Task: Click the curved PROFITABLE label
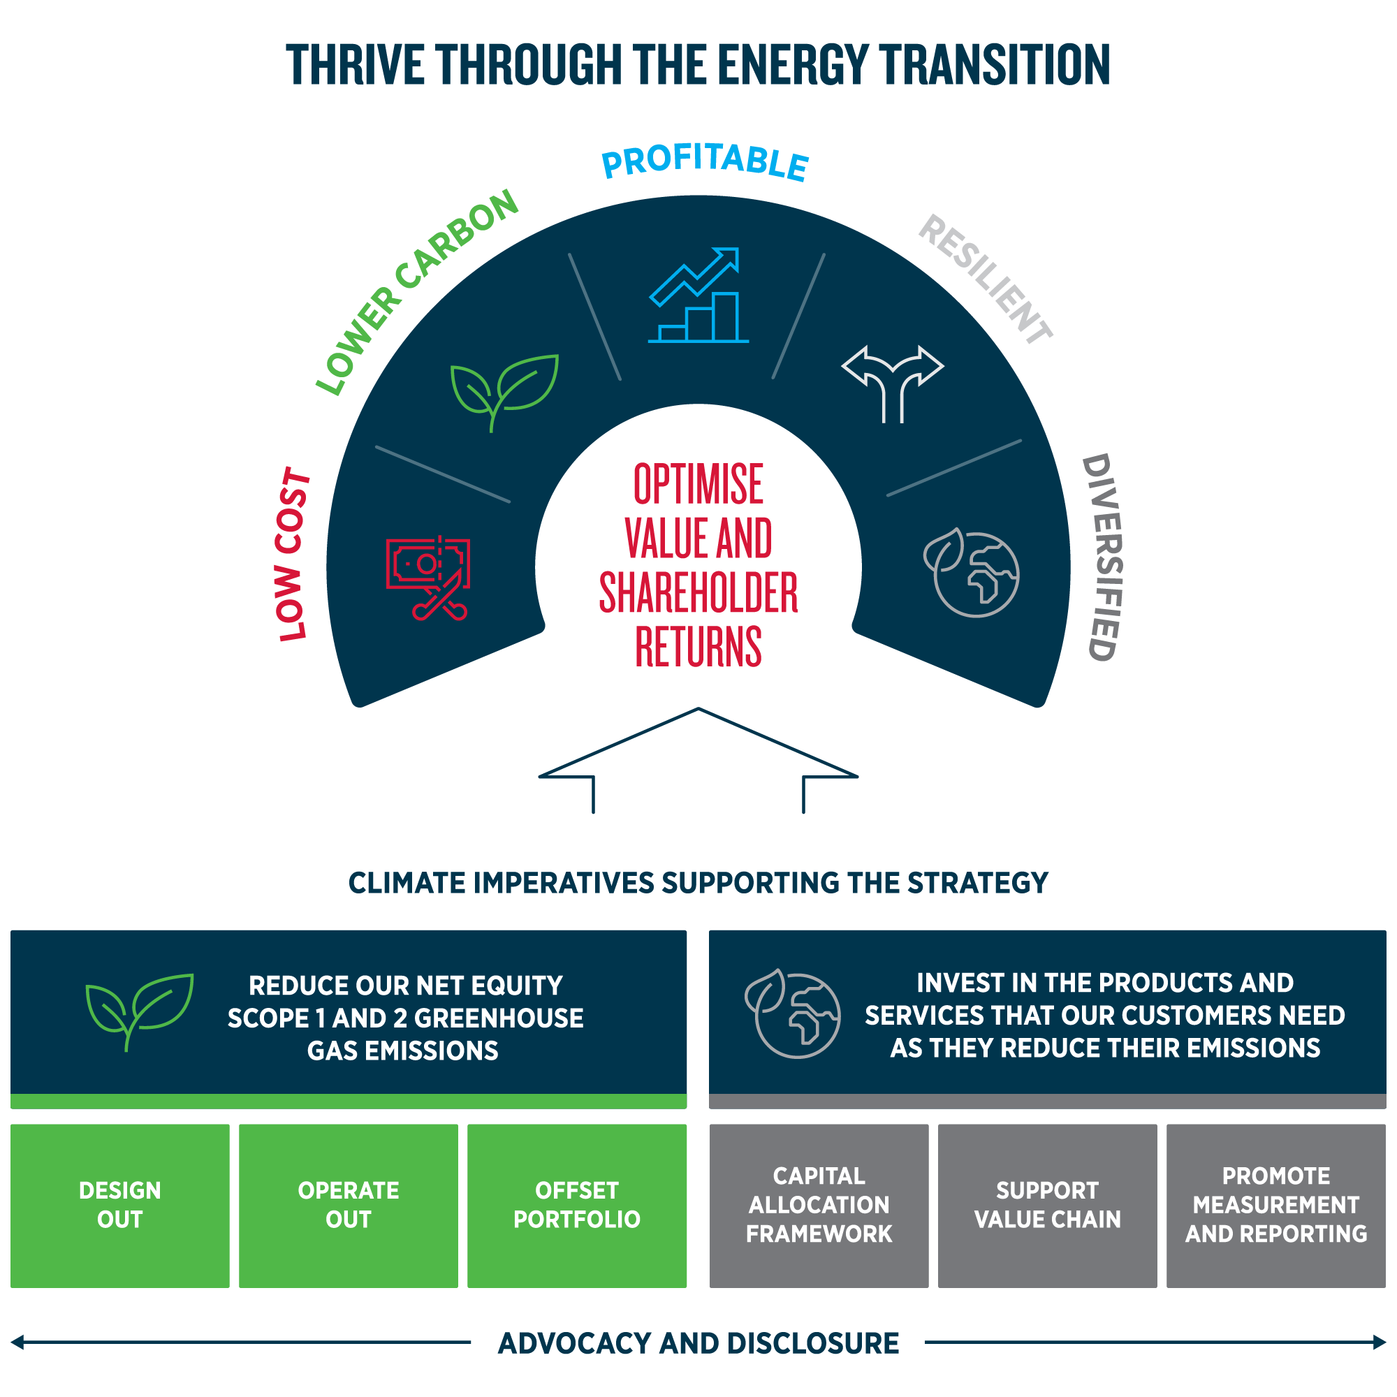point(705,161)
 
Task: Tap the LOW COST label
point(292,554)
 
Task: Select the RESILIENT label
point(986,279)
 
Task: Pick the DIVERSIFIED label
point(1103,557)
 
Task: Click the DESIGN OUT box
point(120,1205)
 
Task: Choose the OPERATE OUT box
point(349,1205)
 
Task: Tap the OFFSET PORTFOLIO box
point(577,1205)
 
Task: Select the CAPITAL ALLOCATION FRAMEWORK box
point(819,1205)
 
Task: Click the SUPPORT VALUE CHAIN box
point(1047,1205)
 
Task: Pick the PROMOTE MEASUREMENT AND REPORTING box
point(1275,1205)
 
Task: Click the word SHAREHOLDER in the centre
point(698,593)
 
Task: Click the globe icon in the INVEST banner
point(793,1014)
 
